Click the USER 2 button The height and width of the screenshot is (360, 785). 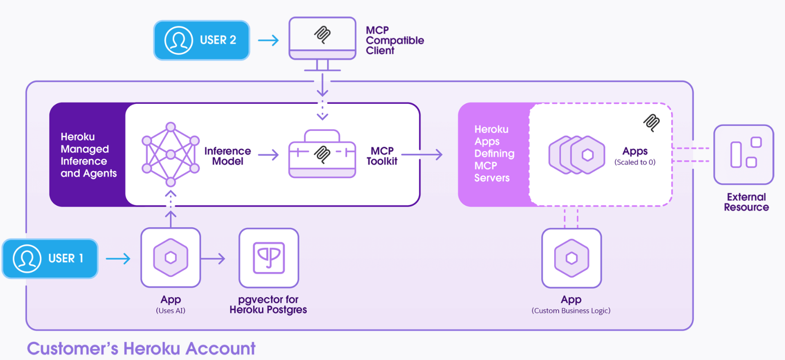202,40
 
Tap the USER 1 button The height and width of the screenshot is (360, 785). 50,258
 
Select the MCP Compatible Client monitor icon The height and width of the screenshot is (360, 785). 322,39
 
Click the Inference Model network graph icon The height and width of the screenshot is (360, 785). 171,155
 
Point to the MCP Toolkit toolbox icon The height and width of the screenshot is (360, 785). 322,155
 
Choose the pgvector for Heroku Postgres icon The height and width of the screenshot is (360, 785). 269,258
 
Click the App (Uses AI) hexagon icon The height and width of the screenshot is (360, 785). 171,258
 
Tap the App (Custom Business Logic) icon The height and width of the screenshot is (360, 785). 571,258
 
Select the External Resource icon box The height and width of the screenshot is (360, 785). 743,155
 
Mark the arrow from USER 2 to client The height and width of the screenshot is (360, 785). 269,40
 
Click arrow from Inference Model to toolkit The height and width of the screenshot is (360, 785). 268,155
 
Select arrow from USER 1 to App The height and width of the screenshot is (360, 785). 118,259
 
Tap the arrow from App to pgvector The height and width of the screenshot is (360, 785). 213,259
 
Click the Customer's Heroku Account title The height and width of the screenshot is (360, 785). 141,349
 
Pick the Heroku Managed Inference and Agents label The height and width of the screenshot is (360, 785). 89,155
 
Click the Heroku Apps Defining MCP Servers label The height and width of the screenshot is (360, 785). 494,154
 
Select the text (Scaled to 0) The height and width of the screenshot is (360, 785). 635,162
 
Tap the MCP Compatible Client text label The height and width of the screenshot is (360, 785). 394,40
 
